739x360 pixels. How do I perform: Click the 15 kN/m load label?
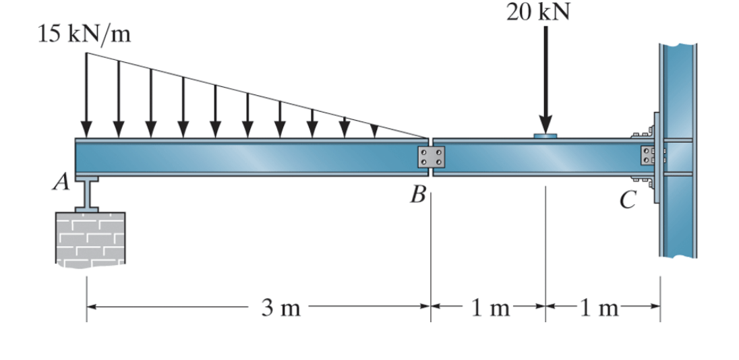pos(84,34)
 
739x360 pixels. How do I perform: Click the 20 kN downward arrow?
pos(545,81)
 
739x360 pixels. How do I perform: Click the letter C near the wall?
pos(628,200)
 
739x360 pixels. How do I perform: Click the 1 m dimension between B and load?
pos(490,309)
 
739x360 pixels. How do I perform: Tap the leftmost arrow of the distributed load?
pos(86,94)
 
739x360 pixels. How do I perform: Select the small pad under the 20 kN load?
pos(545,136)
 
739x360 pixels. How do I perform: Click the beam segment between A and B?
pos(249,157)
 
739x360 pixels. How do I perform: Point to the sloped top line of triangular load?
pos(256,94)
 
